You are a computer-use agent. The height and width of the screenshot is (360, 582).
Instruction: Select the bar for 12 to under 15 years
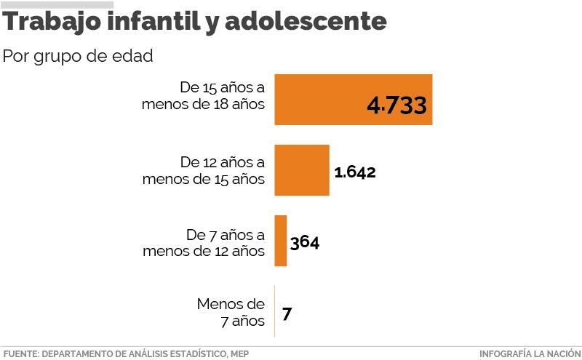(301, 169)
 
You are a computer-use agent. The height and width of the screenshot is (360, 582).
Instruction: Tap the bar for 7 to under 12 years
(281, 241)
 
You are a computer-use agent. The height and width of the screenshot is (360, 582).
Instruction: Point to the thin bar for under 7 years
(274, 311)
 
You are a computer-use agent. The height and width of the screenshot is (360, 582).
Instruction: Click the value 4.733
(396, 105)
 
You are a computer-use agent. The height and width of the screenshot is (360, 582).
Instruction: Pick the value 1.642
(355, 172)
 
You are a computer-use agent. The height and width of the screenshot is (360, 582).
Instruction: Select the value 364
(305, 242)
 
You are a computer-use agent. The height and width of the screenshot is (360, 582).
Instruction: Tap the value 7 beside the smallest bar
(287, 314)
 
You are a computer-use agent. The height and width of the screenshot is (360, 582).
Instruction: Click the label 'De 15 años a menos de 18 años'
(204, 96)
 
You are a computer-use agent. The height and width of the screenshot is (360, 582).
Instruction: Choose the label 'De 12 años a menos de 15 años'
(204, 170)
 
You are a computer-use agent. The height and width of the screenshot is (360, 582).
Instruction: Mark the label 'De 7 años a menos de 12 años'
(204, 243)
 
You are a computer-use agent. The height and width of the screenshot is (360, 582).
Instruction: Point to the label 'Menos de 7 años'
(231, 311)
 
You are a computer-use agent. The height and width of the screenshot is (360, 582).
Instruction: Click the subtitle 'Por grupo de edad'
(78, 57)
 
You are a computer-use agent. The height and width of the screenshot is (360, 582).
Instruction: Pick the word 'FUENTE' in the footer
(20, 353)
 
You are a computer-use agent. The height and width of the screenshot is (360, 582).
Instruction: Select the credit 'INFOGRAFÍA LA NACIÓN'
(529, 353)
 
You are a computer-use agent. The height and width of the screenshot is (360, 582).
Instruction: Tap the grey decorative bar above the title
(57, 4)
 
